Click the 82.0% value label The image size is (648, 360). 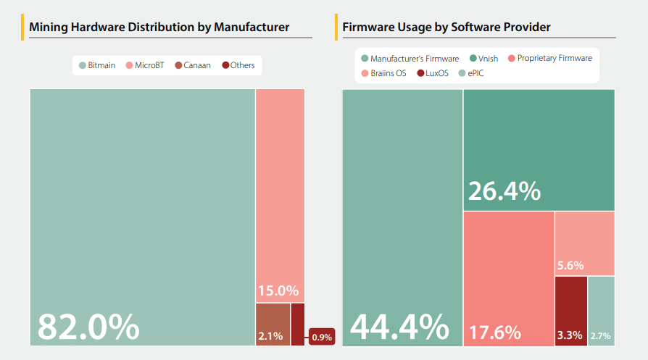click(88, 327)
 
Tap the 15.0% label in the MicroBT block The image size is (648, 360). click(278, 291)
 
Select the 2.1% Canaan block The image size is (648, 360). click(273, 324)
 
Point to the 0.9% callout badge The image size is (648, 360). click(321, 337)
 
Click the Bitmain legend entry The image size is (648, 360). click(97, 65)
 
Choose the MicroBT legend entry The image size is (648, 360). click(145, 65)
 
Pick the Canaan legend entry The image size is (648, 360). click(193, 65)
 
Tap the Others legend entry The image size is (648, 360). click(238, 65)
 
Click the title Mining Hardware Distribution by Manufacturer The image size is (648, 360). click(159, 28)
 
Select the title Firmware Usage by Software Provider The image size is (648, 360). click(446, 28)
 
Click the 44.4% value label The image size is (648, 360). click(399, 327)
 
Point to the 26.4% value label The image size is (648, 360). click(504, 191)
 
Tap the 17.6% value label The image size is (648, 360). click(495, 332)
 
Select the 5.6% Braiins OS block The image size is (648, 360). click(584, 243)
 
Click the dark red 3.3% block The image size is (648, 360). click(570, 311)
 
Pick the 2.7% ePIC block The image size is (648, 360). click(600, 311)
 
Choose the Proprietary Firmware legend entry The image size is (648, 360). click(550, 59)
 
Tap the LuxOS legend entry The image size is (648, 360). click(433, 73)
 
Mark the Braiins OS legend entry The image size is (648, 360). click(383, 73)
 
